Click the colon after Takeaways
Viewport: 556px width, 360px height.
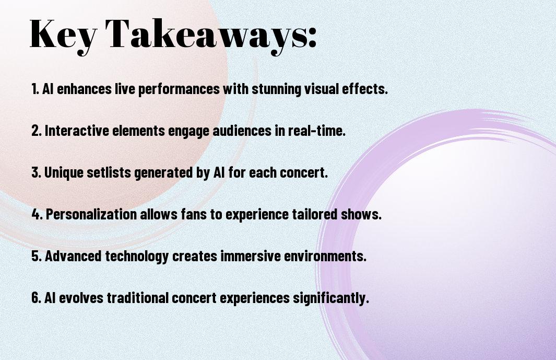coord(312,38)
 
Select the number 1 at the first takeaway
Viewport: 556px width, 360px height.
coord(34,89)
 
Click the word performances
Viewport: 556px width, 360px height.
coord(179,89)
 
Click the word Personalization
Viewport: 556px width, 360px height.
coord(91,214)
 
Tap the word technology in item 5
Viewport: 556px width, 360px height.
coord(136,257)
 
